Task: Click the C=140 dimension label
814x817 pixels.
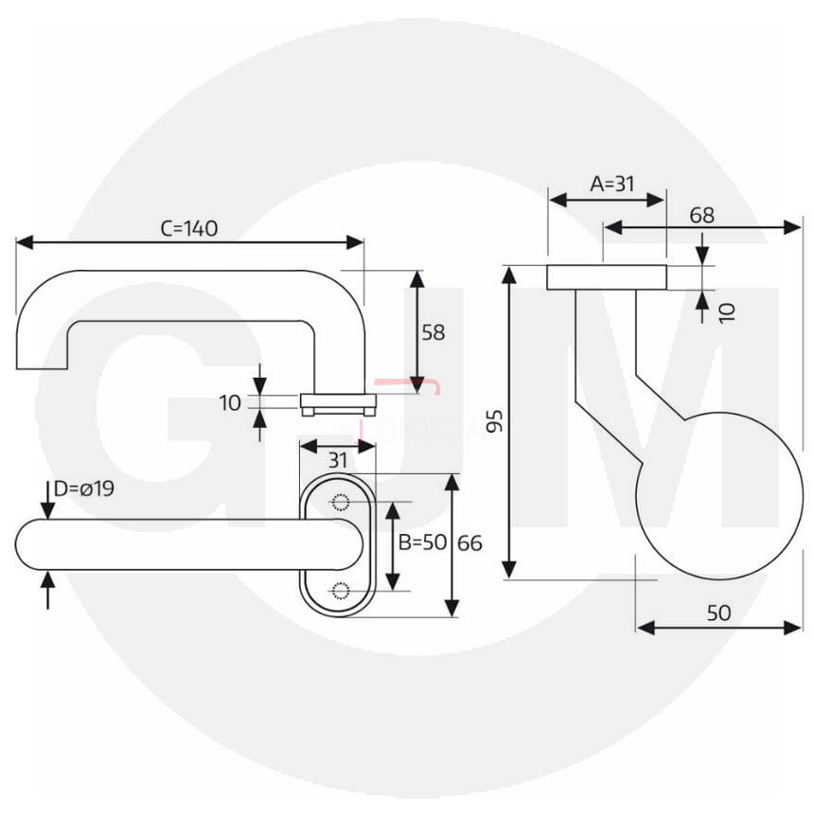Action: click(x=189, y=228)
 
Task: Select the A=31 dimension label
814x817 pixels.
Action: click(x=611, y=184)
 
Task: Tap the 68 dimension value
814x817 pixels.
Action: click(x=701, y=215)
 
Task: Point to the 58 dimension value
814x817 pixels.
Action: click(x=434, y=332)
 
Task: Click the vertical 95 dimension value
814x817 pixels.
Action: click(x=493, y=421)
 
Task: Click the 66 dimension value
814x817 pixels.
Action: click(x=469, y=543)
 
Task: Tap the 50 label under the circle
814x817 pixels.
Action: click(x=718, y=613)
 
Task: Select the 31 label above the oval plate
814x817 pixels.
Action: click(x=338, y=460)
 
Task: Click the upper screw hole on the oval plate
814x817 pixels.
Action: click(x=338, y=503)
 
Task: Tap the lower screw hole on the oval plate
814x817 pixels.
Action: click(x=338, y=591)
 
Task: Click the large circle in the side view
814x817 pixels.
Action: click(x=718, y=495)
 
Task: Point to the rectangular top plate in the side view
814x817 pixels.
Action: click(x=606, y=277)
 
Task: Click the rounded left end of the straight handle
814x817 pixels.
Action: click(x=34, y=544)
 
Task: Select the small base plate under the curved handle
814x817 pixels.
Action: click(x=338, y=404)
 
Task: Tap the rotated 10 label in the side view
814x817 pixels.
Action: click(x=727, y=311)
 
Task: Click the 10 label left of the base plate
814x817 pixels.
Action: click(x=230, y=403)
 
